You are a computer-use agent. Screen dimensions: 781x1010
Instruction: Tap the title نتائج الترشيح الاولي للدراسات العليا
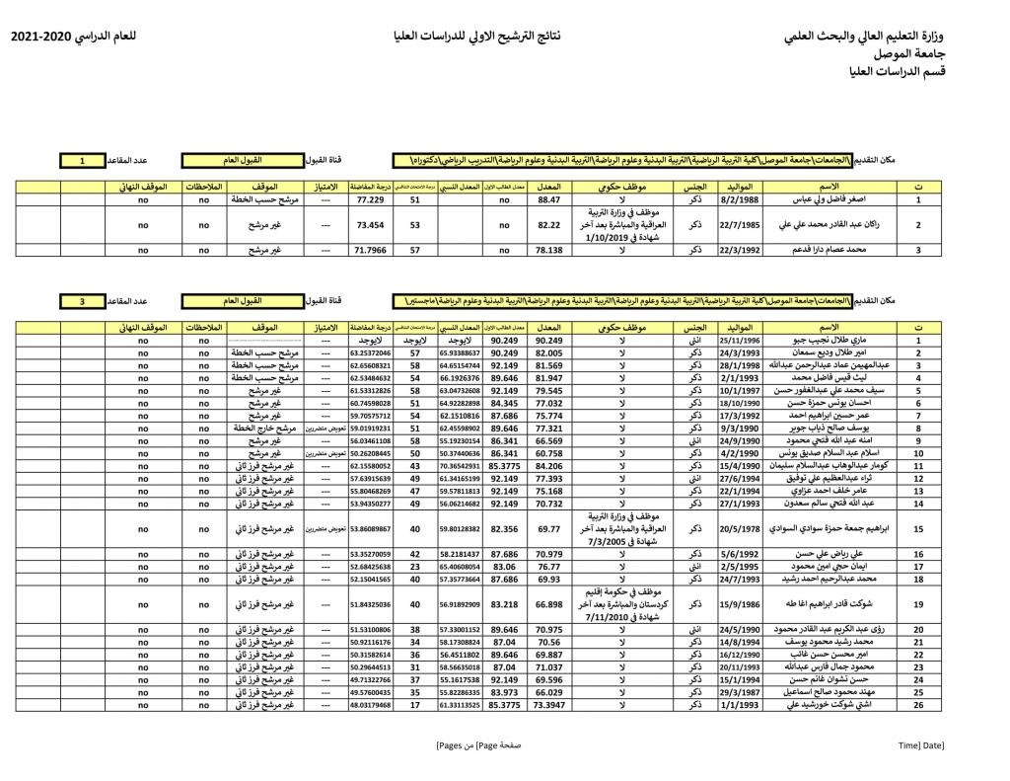[477, 38]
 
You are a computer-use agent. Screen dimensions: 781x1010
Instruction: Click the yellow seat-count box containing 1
[82, 159]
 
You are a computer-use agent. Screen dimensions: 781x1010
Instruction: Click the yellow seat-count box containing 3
[82, 300]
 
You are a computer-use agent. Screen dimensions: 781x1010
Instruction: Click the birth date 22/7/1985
[739, 225]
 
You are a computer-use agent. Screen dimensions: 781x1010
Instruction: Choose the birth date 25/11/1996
[739, 341]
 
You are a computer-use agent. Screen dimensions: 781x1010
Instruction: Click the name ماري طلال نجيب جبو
[834, 341]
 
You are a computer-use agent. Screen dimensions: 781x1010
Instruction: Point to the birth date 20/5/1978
[739, 528]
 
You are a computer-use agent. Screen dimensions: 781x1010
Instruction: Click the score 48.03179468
[370, 705]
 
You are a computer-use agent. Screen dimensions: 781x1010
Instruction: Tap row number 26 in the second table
[918, 705]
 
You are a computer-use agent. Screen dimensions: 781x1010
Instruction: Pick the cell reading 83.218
[504, 604]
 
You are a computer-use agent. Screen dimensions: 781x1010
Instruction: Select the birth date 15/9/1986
[739, 604]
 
